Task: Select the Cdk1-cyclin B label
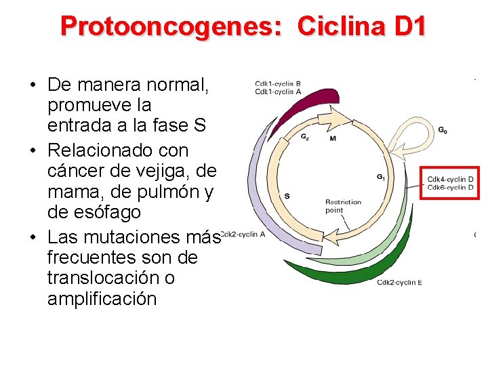point(278,84)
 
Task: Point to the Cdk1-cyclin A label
point(278,91)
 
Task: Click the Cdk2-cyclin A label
point(243,235)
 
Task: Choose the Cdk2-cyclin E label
point(399,283)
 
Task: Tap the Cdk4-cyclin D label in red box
point(450,179)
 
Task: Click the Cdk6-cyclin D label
point(450,187)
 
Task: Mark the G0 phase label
point(442,130)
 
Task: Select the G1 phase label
point(382,178)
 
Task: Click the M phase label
point(332,138)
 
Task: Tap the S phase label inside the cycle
point(287,197)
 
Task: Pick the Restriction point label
point(343,206)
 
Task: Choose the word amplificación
point(102,299)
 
